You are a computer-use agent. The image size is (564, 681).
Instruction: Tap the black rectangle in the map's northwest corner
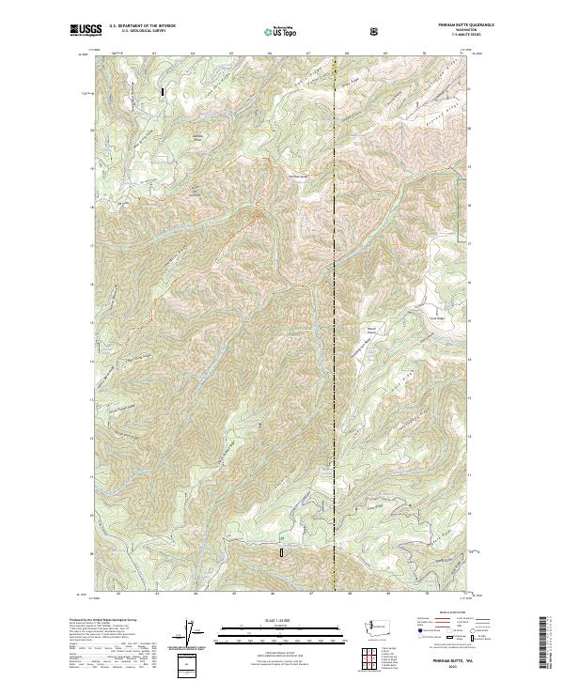[x=164, y=93]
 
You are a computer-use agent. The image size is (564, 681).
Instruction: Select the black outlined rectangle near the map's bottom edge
[x=279, y=554]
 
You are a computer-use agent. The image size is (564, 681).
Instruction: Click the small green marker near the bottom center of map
[x=280, y=535]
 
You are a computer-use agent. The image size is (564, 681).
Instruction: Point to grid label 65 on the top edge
[x=231, y=54]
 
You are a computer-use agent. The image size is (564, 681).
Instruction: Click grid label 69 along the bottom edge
[x=386, y=594]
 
